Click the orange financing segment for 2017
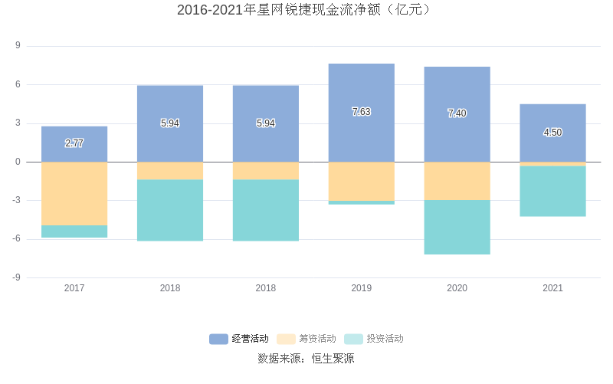pos(74,193)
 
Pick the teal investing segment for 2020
pos(457,227)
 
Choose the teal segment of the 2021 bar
pos(552,191)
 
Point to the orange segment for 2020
pos(457,181)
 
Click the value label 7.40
pos(457,113)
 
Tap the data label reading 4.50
pos(552,133)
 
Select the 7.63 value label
pos(361,112)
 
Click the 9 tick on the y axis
pos(18,46)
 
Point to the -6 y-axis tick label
pos(16,239)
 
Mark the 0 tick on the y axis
pos(18,162)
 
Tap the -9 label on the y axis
pos(16,277)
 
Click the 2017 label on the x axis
pos(74,288)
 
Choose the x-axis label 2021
pos(552,288)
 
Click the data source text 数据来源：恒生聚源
pos(306,358)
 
